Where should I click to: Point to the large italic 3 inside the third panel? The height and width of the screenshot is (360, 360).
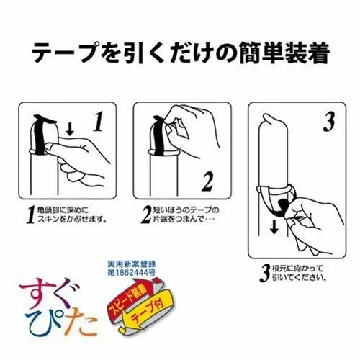[x=328, y=123]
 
